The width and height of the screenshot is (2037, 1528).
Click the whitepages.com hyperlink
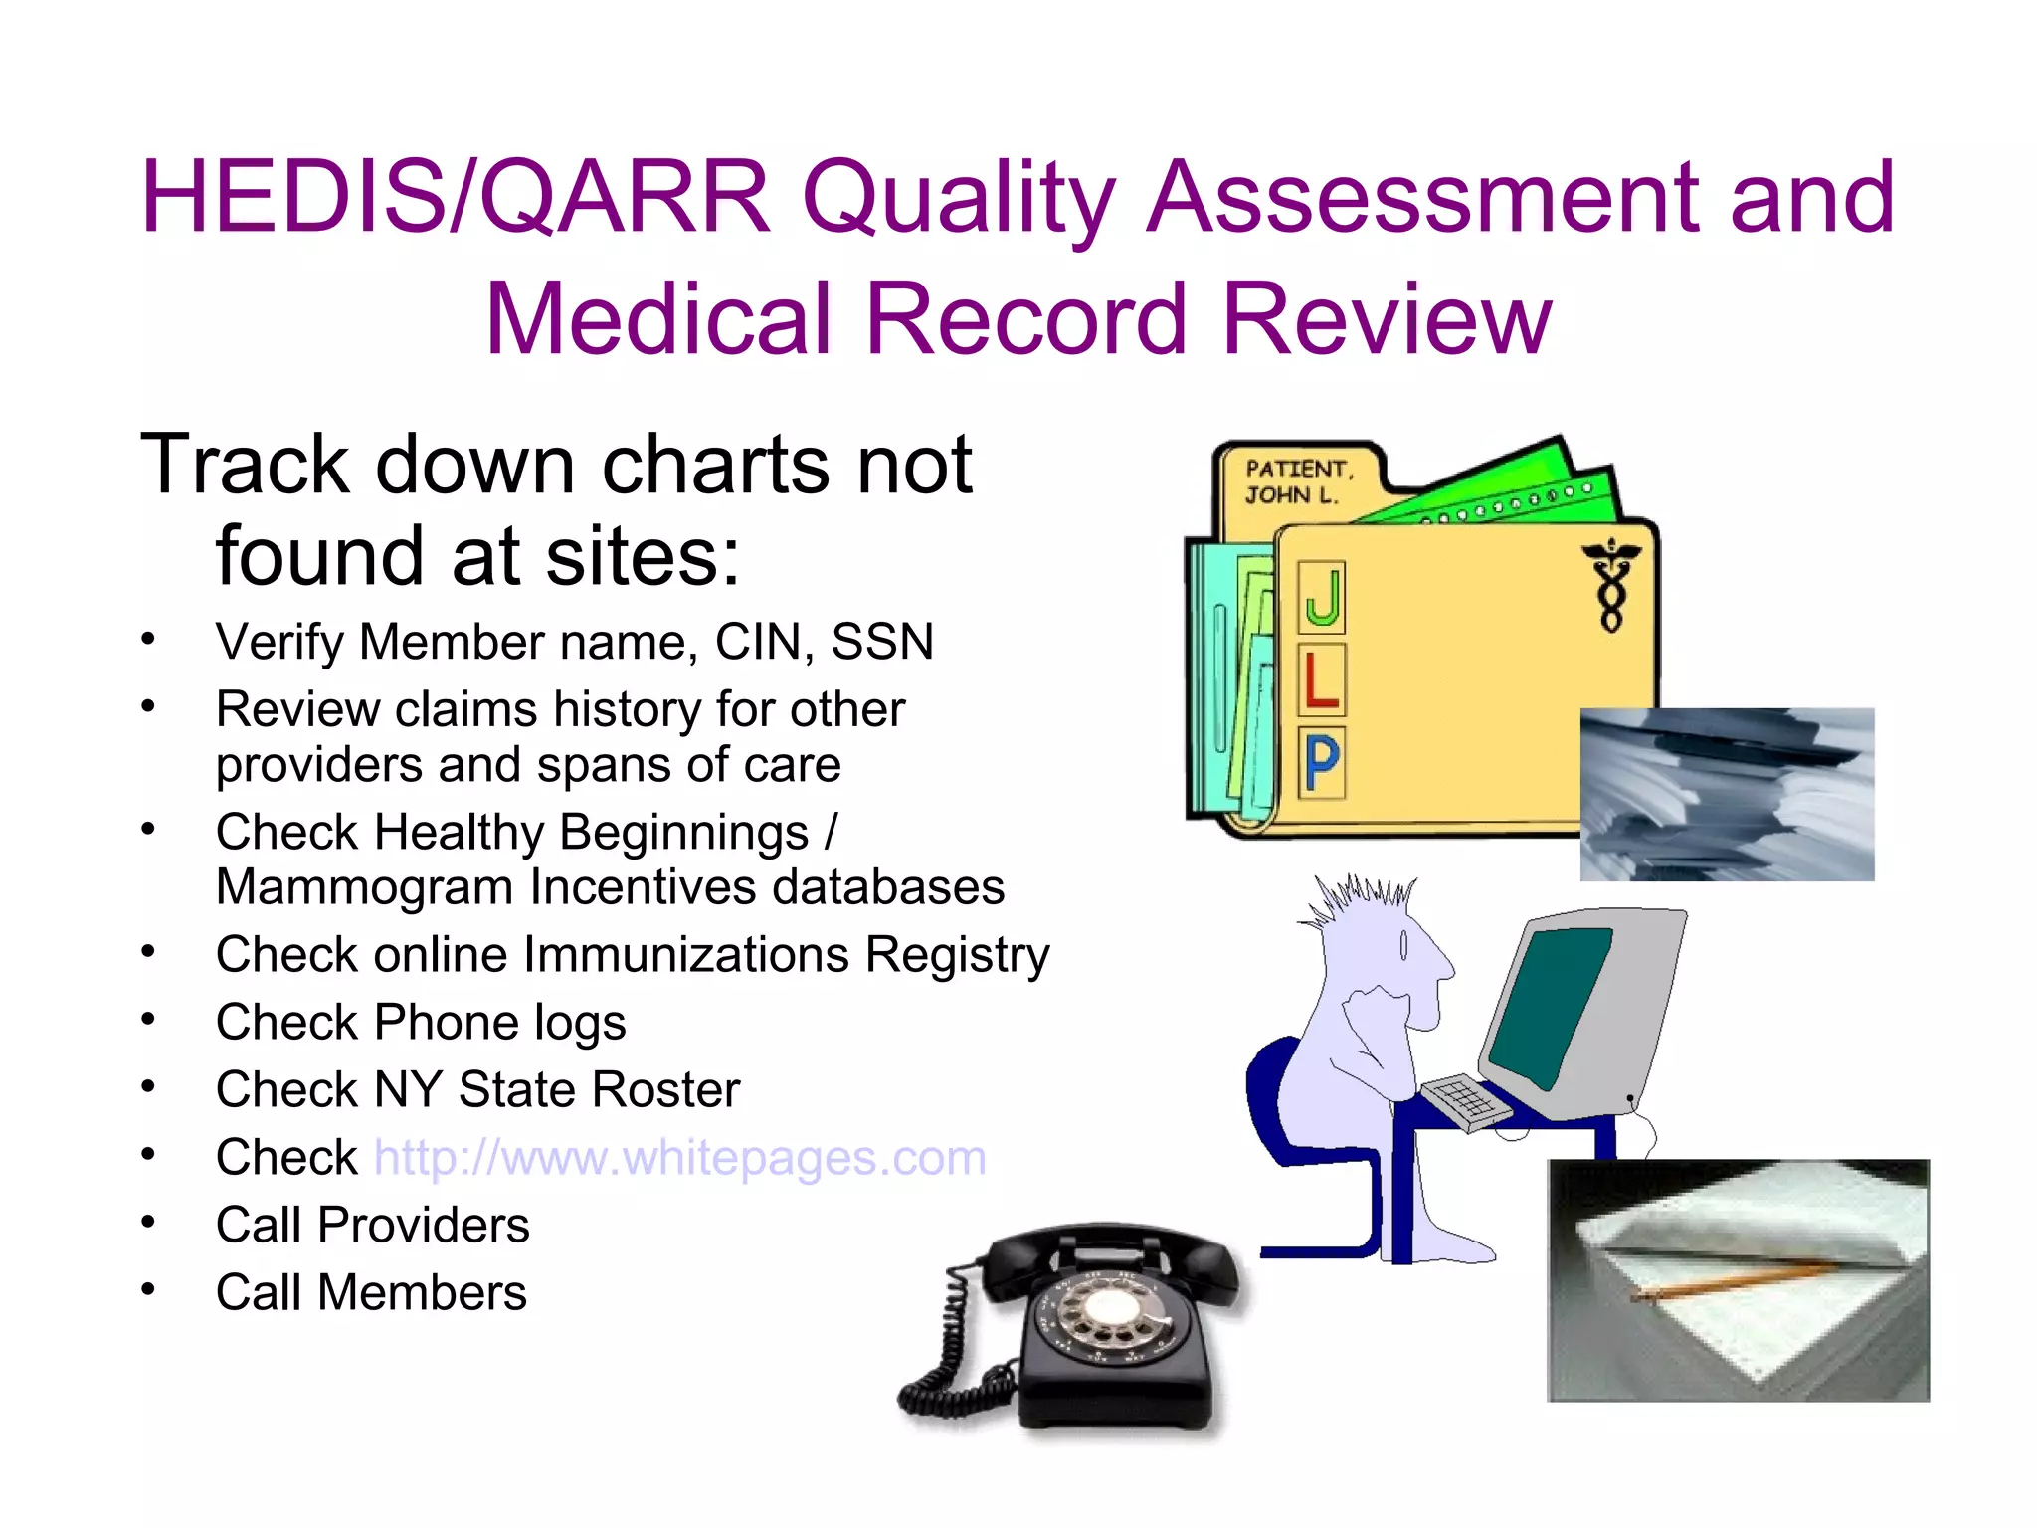pyautogui.click(x=680, y=1158)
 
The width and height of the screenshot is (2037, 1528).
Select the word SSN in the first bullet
pyautogui.click(x=882, y=642)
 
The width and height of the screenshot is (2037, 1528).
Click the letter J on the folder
pyautogui.click(x=1322, y=597)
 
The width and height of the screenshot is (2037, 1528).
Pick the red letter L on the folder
pyautogui.click(x=1321, y=680)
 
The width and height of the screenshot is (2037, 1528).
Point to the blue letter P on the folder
pyautogui.click(x=1322, y=763)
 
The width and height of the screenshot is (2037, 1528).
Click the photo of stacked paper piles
pyautogui.click(x=1727, y=794)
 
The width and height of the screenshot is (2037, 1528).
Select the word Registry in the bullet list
pyautogui.click(x=957, y=955)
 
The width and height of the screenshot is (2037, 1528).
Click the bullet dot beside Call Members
pyautogui.click(x=148, y=1290)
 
